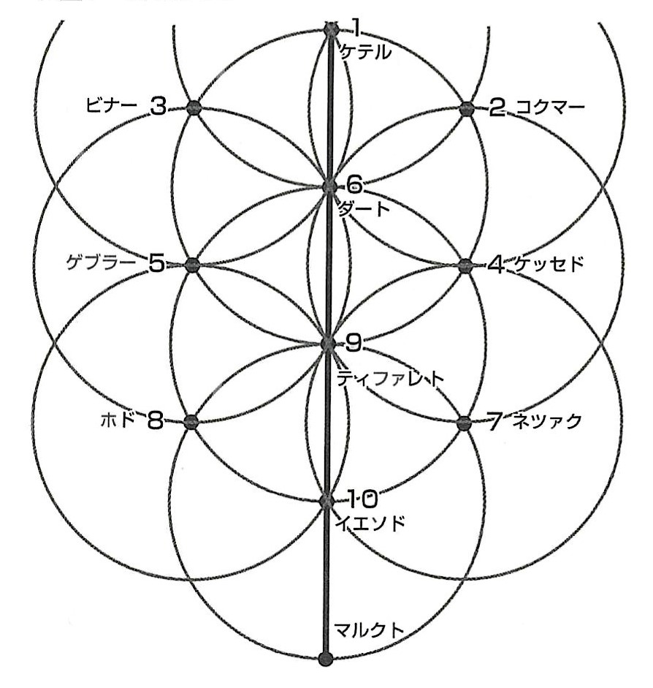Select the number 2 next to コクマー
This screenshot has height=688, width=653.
tap(497, 109)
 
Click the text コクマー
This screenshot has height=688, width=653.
tap(550, 109)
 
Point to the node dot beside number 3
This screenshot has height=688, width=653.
tap(194, 108)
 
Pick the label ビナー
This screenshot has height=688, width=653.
tap(111, 107)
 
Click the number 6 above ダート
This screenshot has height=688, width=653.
tap(354, 184)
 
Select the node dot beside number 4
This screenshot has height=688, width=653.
tap(465, 265)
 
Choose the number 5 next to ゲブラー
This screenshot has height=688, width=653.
tap(157, 263)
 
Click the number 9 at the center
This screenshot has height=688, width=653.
tap(353, 341)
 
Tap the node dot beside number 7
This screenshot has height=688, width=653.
tap(464, 423)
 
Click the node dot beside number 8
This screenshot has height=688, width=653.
tap(191, 422)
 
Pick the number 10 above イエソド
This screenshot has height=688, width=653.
tap(362, 500)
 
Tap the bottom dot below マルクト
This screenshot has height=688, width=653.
tap(326, 658)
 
